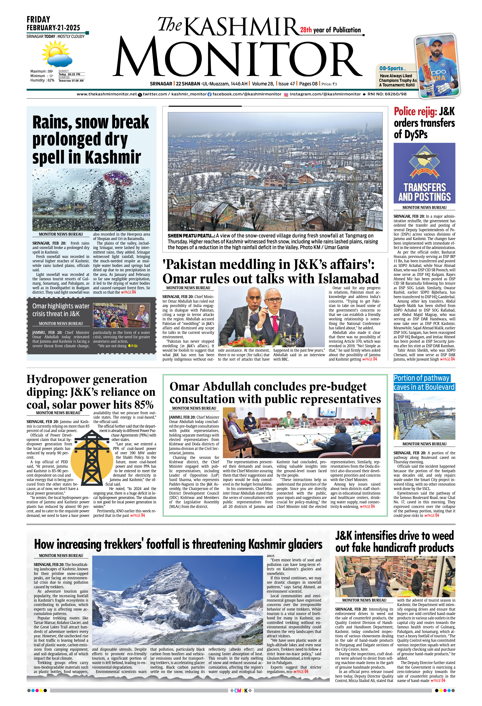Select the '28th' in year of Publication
[x=306, y=30]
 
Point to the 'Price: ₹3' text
[x=329, y=84]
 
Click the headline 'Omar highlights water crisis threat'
[x=61, y=310]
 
